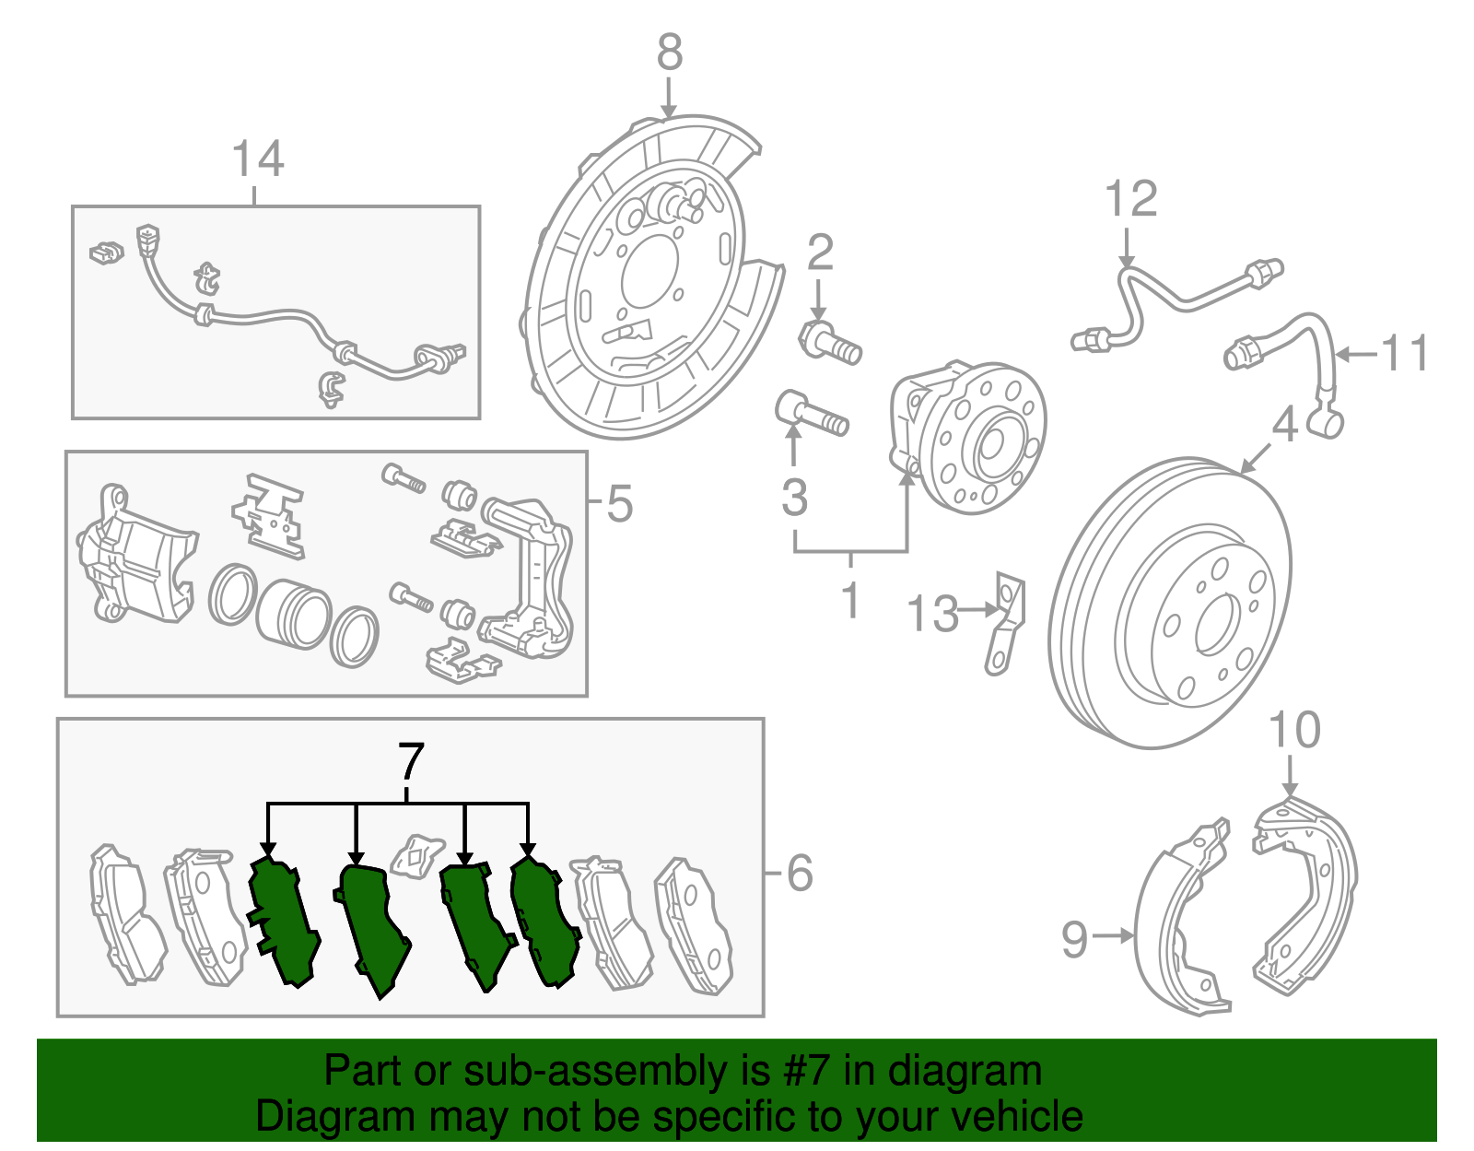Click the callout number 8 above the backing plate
point(670,53)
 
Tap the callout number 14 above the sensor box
point(258,159)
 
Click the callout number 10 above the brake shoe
point(1294,731)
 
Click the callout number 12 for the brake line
point(1130,200)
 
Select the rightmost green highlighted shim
point(544,922)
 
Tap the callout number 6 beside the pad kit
point(800,873)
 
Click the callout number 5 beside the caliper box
point(619,504)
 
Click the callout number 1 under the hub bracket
point(850,601)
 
